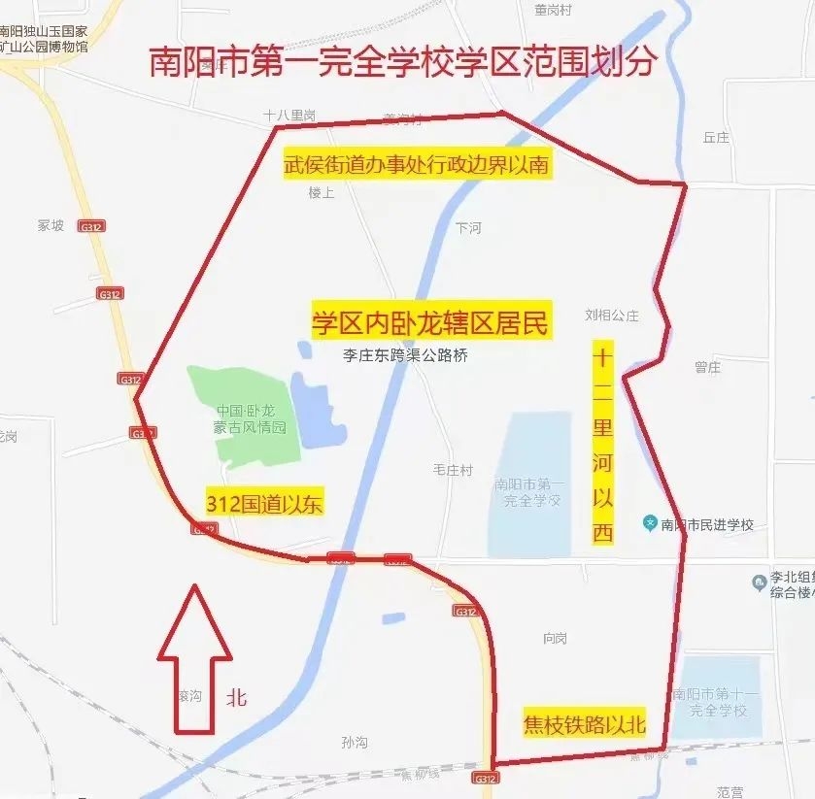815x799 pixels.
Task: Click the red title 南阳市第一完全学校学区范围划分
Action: (x=403, y=61)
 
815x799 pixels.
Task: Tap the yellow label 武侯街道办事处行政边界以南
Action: (x=416, y=165)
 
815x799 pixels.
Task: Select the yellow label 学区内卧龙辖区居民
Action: (x=430, y=322)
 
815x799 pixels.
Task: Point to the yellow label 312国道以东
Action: (x=264, y=503)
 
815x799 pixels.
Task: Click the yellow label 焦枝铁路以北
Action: (x=584, y=724)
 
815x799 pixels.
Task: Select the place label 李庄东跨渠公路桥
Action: (x=405, y=355)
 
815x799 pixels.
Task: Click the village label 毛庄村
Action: (x=453, y=470)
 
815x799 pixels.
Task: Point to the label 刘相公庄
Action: (x=612, y=315)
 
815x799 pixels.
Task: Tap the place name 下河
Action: (x=468, y=228)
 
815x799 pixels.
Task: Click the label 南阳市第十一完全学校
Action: (x=719, y=702)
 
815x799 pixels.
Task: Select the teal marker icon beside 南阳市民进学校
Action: (x=649, y=524)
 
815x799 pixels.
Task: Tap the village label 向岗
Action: (x=555, y=638)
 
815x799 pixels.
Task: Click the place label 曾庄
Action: (x=707, y=367)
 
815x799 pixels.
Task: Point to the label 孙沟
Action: (x=355, y=742)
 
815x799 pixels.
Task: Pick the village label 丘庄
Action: (x=716, y=138)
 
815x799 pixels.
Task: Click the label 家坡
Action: (x=51, y=225)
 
